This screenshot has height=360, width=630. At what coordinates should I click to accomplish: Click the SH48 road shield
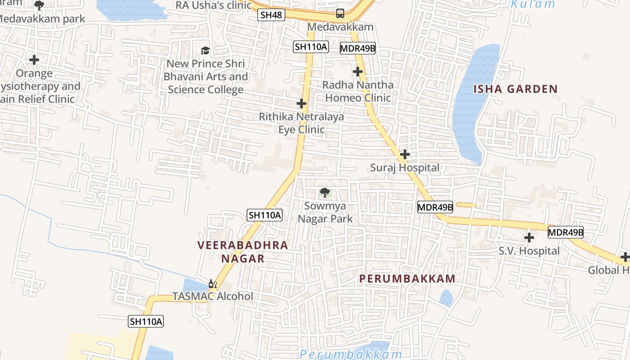(271, 15)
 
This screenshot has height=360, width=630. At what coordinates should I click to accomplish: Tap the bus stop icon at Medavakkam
(340, 13)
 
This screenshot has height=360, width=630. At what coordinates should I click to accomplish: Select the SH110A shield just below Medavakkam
(310, 46)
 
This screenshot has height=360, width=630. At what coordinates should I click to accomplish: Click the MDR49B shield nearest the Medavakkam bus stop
(358, 48)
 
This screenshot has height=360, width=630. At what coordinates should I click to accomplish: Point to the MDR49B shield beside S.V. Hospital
(565, 233)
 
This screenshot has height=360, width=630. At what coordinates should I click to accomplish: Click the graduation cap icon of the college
(205, 50)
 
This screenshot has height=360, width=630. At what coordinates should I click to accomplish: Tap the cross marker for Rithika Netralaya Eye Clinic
(301, 104)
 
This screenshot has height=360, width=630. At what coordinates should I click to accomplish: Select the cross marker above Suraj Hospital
(405, 154)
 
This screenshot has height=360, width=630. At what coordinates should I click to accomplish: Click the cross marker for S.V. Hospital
(529, 237)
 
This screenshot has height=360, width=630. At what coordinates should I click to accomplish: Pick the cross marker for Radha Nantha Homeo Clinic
(358, 72)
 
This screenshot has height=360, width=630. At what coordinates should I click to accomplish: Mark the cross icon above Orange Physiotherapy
(34, 59)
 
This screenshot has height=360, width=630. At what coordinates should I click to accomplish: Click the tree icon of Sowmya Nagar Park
(325, 193)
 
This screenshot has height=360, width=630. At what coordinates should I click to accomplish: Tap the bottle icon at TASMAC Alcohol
(212, 284)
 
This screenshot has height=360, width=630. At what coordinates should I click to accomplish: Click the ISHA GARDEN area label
(515, 89)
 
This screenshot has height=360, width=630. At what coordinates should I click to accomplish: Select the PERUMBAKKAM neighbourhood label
(407, 279)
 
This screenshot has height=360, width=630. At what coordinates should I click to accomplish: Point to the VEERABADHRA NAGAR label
(243, 252)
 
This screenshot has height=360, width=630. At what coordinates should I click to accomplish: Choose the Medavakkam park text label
(43, 19)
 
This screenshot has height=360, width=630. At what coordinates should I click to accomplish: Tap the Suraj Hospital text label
(405, 168)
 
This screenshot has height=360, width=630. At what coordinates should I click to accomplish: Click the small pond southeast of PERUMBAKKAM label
(445, 298)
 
